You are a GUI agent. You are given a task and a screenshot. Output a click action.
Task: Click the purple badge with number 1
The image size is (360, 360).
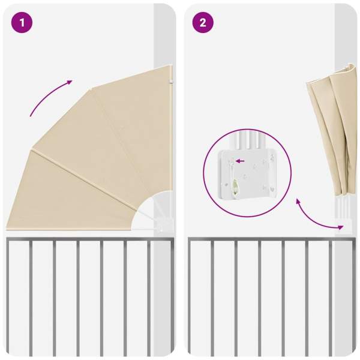22,23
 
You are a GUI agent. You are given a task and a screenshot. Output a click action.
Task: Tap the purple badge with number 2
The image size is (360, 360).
203,23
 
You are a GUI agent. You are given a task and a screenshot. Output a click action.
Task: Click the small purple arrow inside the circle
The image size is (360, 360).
240,161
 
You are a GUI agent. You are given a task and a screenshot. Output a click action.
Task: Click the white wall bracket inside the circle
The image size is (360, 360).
247,174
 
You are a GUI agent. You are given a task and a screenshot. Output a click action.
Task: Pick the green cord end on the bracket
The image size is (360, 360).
235,185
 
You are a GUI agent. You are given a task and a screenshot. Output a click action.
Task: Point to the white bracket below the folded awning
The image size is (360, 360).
344,226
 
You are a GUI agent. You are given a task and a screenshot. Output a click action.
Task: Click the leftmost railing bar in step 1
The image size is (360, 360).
8,298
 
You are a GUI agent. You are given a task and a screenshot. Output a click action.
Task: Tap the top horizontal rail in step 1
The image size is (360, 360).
89,239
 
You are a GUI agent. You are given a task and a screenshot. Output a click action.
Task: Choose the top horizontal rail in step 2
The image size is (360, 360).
272,239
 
